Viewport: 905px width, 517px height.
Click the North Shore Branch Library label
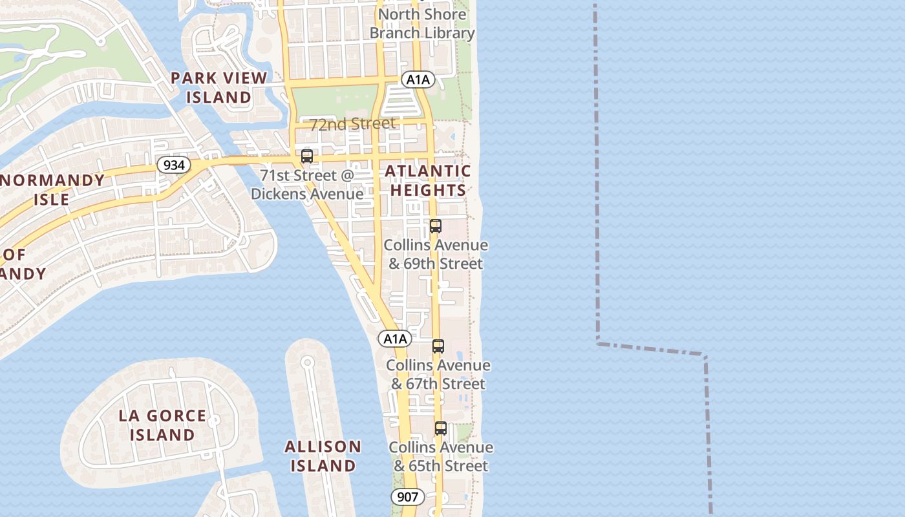pos(422,23)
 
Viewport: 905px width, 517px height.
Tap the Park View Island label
pos(218,87)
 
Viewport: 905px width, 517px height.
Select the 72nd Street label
pos(352,123)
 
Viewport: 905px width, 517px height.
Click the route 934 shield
pos(174,165)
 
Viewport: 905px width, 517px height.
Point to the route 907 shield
pos(407,497)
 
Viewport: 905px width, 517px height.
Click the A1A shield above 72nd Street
pos(418,79)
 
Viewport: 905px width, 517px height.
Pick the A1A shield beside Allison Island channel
pos(394,339)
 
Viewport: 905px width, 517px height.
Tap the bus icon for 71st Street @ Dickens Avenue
pos(307,156)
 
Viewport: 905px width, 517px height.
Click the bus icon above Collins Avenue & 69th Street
pos(436,226)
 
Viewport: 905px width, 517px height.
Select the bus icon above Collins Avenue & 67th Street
pos(438,346)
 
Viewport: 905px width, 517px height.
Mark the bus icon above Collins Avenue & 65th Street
pos(441,428)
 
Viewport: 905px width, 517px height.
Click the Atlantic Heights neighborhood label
pos(428,180)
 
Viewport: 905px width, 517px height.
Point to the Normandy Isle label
pos(52,189)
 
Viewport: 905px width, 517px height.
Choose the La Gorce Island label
pos(162,425)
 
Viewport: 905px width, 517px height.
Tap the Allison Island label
pos(323,456)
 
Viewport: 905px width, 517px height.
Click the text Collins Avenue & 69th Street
pos(436,255)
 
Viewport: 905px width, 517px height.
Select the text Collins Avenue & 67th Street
pos(438,375)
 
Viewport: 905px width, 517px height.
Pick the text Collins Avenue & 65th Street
pos(441,457)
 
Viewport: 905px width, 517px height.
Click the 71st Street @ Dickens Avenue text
pos(307,185)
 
